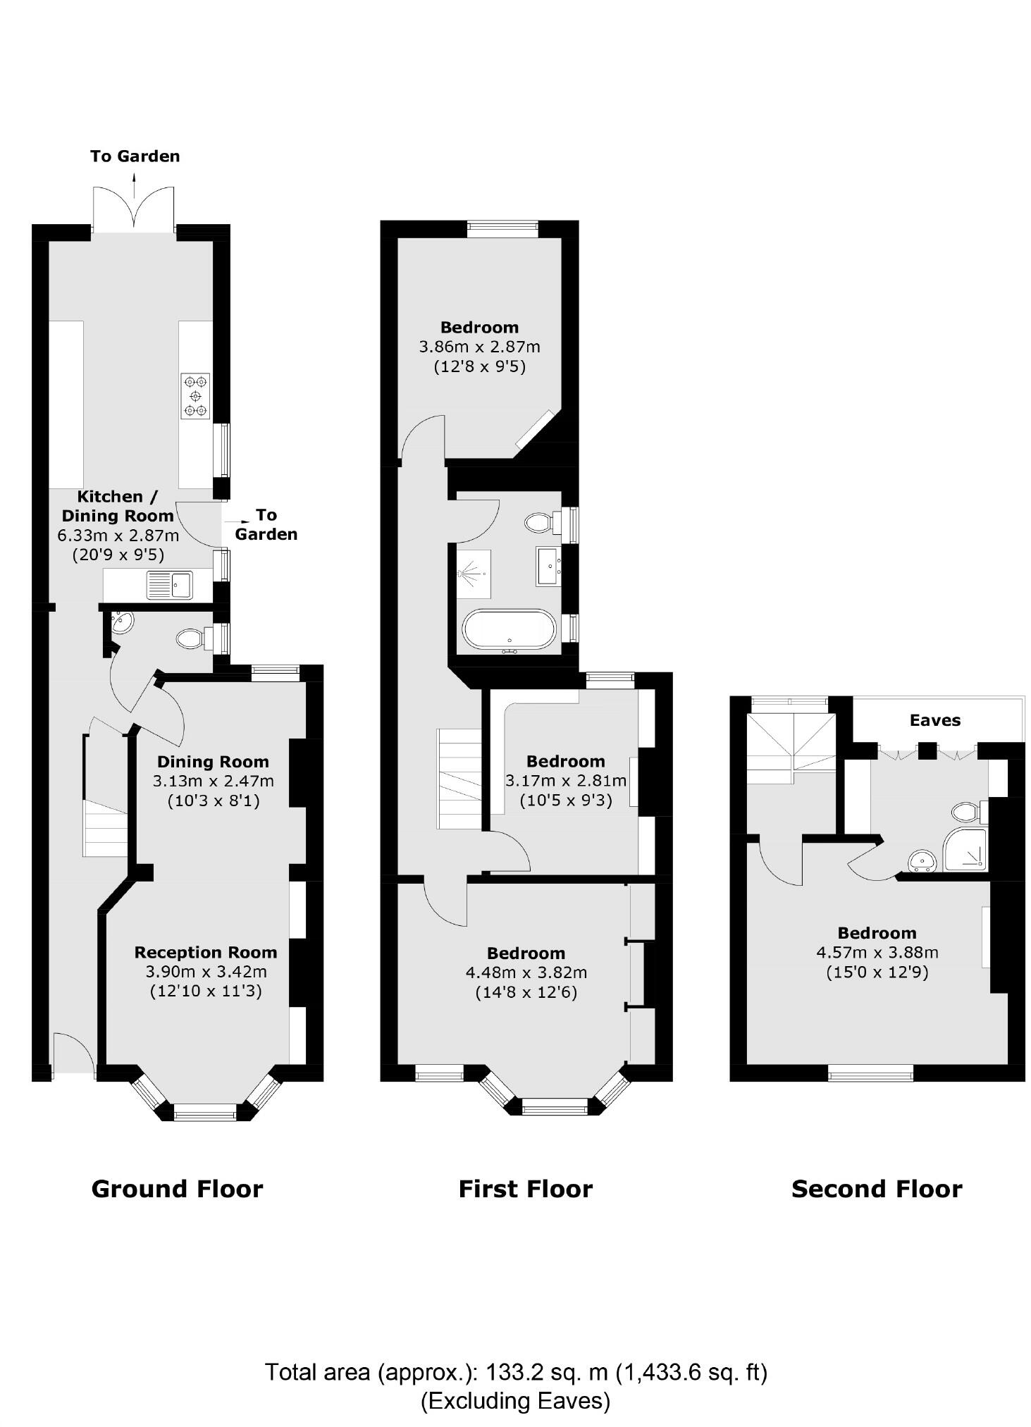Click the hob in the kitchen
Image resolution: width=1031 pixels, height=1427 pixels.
pos(195,396)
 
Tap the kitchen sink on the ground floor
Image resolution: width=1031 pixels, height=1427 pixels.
pos(169,585)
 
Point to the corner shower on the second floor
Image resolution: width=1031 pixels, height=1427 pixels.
pos(965,850)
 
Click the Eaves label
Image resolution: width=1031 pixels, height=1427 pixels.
pos(934,720)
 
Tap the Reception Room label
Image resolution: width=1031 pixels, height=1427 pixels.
pos(205,953)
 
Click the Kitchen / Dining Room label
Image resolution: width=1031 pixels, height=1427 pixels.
pos(118,506)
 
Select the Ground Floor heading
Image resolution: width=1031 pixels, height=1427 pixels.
pos(177,1190)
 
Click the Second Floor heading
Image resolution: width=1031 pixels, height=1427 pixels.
pos(876,1190)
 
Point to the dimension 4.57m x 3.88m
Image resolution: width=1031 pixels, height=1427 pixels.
pos(877,953)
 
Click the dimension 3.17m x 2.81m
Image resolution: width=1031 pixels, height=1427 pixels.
pos(565,781)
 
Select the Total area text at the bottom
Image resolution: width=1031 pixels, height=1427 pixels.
pos(515,1372)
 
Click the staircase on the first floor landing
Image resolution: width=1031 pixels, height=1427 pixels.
pos(459,779)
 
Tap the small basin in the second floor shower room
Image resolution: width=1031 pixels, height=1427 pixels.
pos(921,861)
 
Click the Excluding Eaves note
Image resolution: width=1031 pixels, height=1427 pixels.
pos(515,1400)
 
